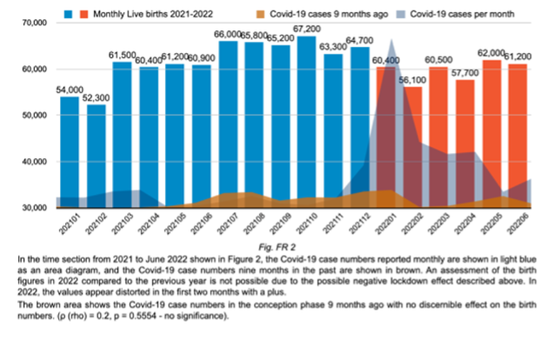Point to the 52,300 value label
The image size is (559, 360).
(x=96, y=97)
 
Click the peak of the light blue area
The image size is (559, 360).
(x=392, y=40)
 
